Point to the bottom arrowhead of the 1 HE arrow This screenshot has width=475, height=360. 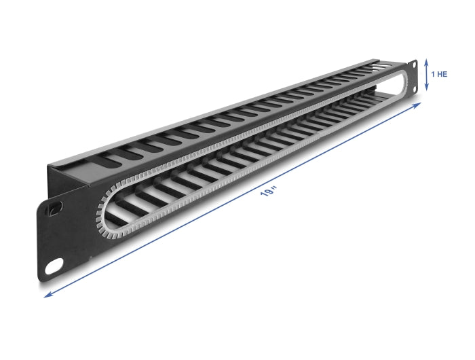coord(426,89)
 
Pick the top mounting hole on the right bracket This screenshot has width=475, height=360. coord(413,66)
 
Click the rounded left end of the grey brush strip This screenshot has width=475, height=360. coord(102,217)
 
